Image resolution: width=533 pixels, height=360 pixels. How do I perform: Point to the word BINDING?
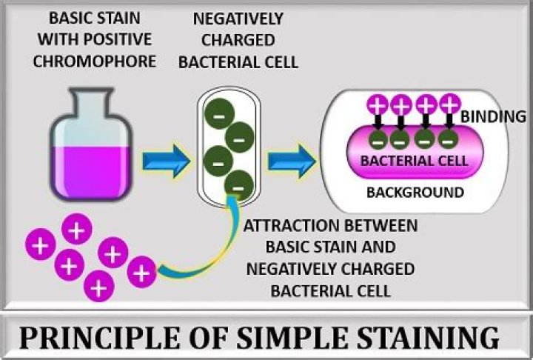494,116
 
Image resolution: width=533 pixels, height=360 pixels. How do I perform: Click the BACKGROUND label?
415,193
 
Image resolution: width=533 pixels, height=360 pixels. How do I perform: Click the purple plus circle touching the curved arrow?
141,271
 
